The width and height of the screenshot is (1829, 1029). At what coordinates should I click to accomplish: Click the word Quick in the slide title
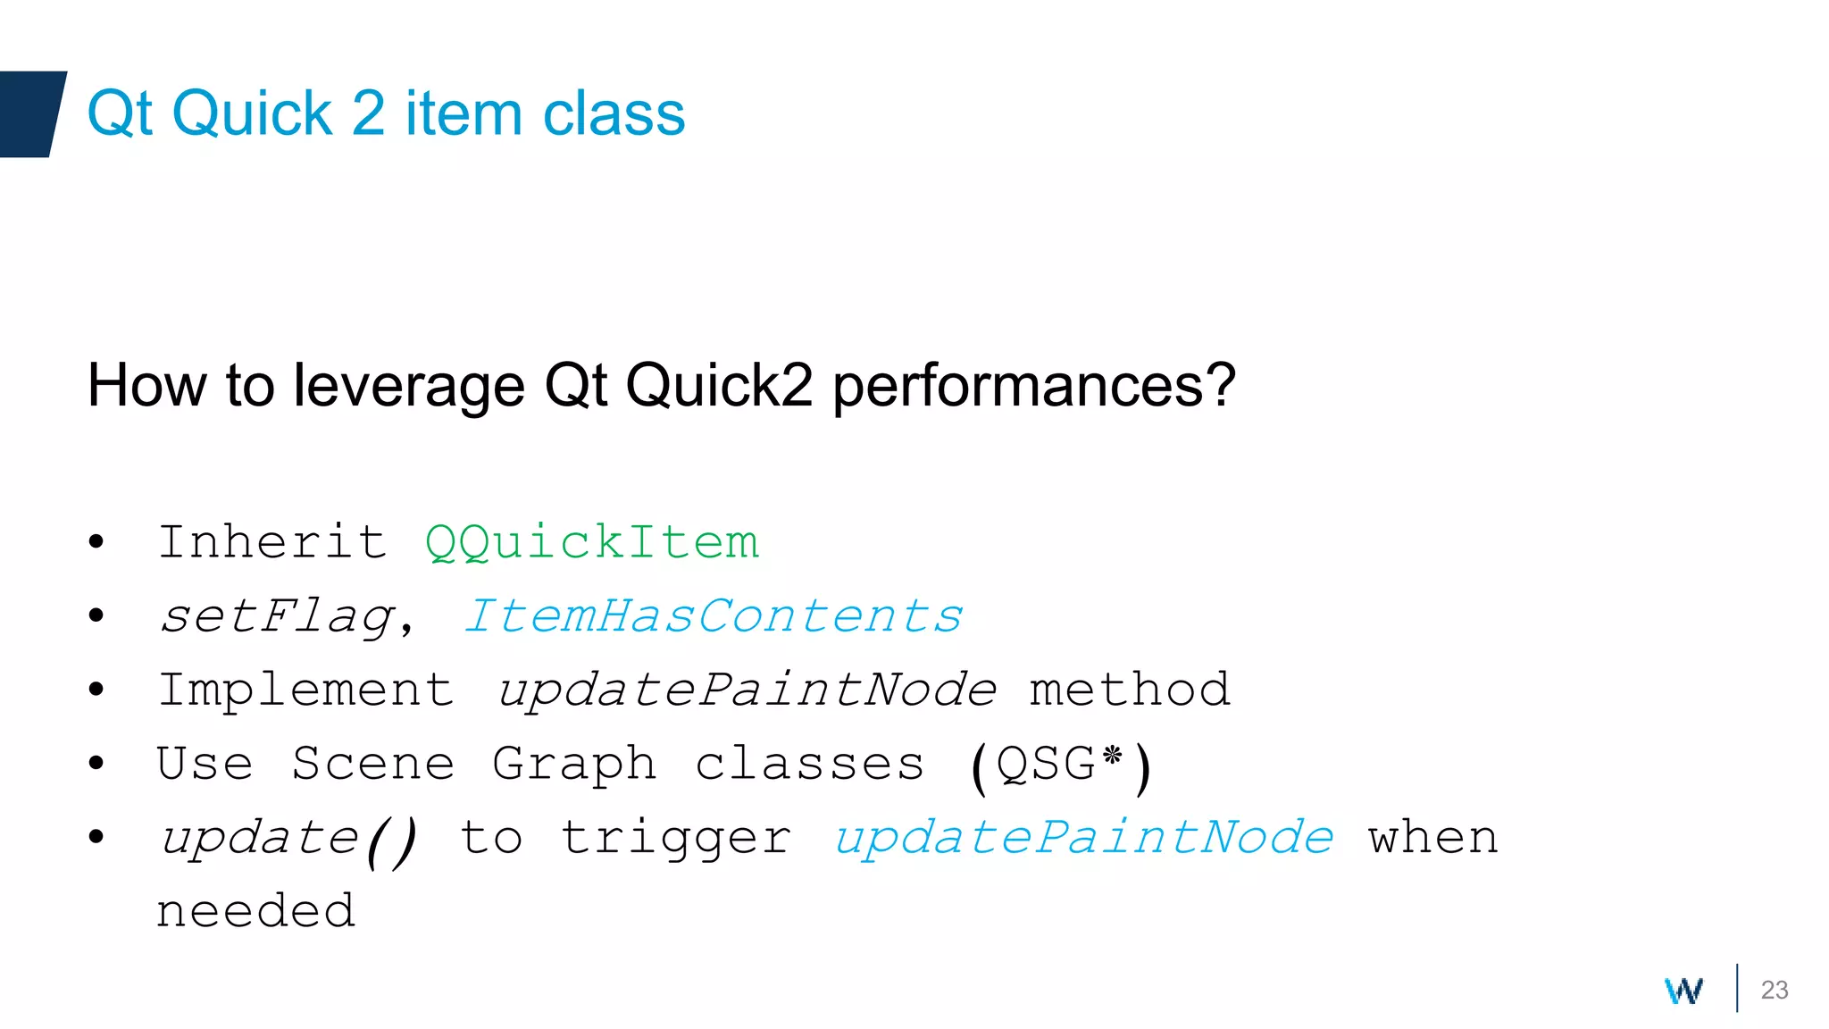pyautogui.click(x=252, y=114)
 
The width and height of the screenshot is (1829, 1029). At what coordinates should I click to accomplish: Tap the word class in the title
pyautogui.click(x=614, y=114)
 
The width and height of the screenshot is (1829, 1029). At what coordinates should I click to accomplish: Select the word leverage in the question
pyautogui.click(x=408, y=386)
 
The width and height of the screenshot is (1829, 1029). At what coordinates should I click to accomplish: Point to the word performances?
pyautogui.click(x=1033, y=386)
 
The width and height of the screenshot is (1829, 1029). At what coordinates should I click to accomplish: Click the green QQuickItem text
pyautogui.click(x=592, y=542)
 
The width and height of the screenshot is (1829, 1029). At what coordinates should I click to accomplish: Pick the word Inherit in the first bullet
pyautogui.click(x=272, y=542)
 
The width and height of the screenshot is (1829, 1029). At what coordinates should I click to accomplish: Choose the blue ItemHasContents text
pyautogui.click(x=713, y=616)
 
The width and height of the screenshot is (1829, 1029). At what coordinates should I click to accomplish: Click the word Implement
pyautogui.click(x=305, y=690)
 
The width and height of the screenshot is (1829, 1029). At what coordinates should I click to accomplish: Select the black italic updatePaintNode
pyautogui.click(x=747, y=690)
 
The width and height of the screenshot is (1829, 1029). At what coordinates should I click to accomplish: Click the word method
pyautogui.click(x=1130, y=690)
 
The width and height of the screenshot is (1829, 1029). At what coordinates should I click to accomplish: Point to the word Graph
pyautogui.click(x=574, y=764)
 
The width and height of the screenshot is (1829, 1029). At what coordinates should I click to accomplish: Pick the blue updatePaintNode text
pyautogui.click(x=1083, y=838)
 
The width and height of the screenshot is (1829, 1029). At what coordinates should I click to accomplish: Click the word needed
pyautogui.click(x=256, y=911)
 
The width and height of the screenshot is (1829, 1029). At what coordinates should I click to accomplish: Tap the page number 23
pyautogui.click(x=1774, y=990)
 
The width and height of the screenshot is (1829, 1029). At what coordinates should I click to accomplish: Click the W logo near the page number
pyautogui.click(x=1683, y=990)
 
